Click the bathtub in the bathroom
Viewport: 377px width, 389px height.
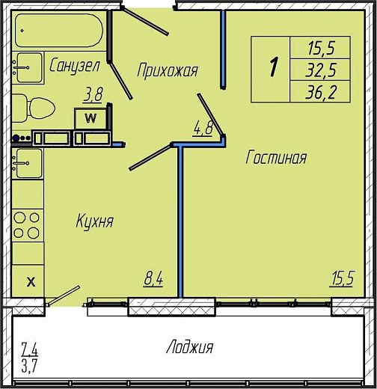tap(59, 31)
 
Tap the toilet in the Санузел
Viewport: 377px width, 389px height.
tap(34, 108)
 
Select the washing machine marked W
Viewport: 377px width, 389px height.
tap(91, 118)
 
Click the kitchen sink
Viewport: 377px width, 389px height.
tap(28, 163)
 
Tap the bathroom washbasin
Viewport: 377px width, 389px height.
tap(28, 67)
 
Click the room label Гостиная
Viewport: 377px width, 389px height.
tap(276, 158)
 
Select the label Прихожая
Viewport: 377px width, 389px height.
tap(168, 70)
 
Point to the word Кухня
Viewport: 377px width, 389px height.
tap(95, 221)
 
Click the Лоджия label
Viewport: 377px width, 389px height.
tap(190, 347)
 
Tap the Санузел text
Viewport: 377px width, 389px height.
tap(75, 66)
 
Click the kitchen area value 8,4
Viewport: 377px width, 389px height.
tap(153, 279)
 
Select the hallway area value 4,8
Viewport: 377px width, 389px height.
tap(203, 128)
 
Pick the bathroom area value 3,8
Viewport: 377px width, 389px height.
tap(93, 94)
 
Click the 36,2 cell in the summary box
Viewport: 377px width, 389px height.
tap(321, 91)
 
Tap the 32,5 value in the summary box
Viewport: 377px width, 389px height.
tap(321, 70)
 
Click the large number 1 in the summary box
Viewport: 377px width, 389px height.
tap(274, 67)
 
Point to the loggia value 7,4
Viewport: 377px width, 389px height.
tap(29, 349)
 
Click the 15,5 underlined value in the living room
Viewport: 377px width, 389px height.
tap(341, 278)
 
